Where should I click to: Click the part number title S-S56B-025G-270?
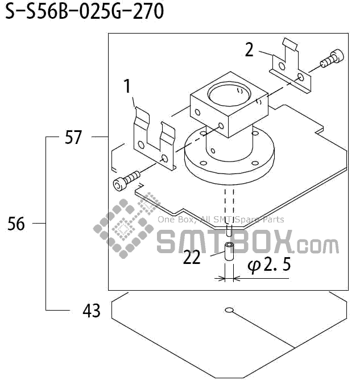click(x=84, y=12)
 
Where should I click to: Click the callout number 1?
click(x=127, y=86)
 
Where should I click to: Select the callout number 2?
click(x=249, y=50)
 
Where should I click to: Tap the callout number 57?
click(x=73, y=138)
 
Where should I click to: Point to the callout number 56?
click(x=16, y=224)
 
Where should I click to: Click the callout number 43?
click(x=91, y=311)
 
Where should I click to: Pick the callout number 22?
click(x=192, y=258)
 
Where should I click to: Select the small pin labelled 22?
click(x=228, y=252)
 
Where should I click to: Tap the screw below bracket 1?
click(x=126, y=181)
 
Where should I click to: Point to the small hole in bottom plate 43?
click(x=229, y=310)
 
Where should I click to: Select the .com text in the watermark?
click(x=317, y=246)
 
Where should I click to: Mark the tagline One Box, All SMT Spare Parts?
click(x=221, y=220)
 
